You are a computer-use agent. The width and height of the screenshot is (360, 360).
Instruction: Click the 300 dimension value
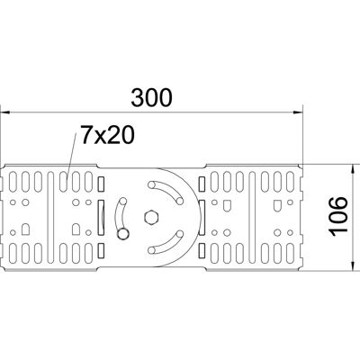pyautogui.click(x=151, y=97)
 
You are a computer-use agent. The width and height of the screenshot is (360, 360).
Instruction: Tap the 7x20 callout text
pyautogui.click(x=107, y=135)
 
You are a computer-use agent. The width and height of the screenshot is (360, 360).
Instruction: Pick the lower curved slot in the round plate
pyautogui.click(x=166, y=242)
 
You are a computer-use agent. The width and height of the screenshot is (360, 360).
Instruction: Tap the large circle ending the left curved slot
pyautogui.click(x=123, y=234)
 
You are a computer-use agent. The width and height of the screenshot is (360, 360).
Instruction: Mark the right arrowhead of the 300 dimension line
pyautogui.click(x=298, y=112)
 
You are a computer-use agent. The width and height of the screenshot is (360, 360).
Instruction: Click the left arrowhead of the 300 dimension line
pyautogui.click(x=5, y=112)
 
